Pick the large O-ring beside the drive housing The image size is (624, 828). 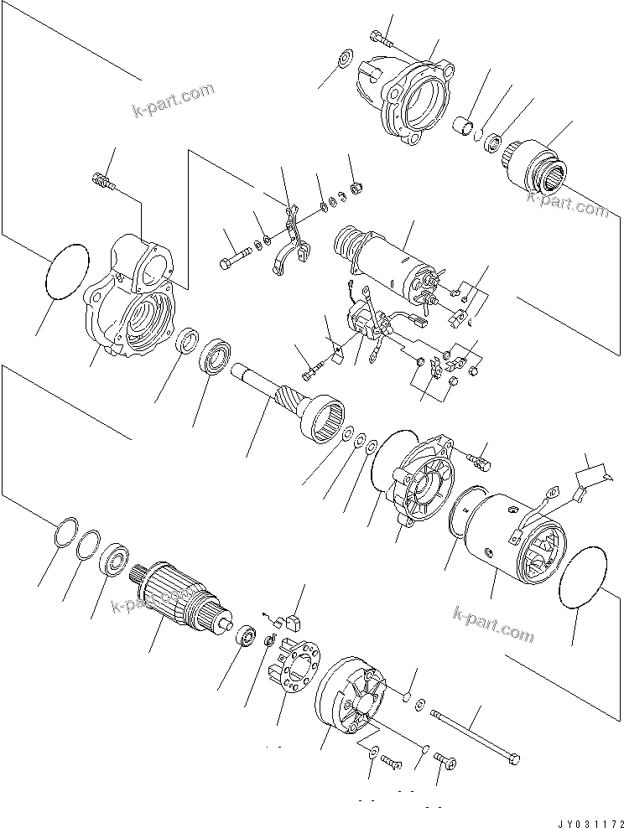pos(65,271)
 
